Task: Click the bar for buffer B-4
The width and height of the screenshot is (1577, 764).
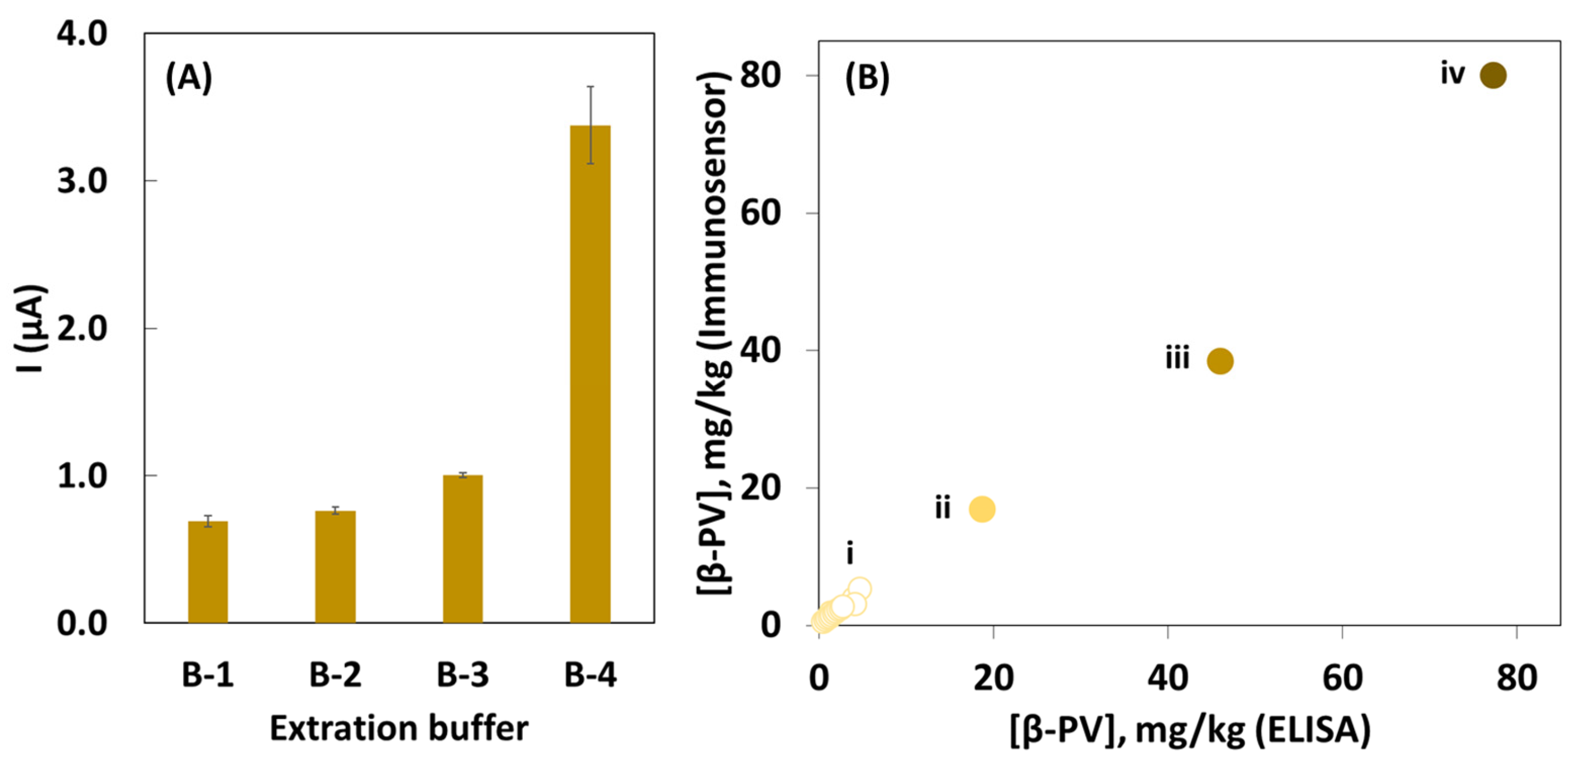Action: point(589,373)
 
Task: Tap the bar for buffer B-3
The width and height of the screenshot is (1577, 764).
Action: point(462,549)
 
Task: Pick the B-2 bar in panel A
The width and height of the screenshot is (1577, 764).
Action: point(335,566)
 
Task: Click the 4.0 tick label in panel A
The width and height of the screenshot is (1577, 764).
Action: point(82,33)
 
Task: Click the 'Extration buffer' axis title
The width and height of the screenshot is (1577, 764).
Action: point(399,729)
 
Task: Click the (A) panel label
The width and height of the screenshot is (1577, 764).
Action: point(189,78)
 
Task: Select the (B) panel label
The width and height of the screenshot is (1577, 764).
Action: point(866,78)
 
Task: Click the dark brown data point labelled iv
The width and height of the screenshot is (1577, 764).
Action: point(1493,75)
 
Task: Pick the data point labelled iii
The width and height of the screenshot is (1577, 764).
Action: point(1220,361)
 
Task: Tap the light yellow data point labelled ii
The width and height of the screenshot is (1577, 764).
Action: point(982,509)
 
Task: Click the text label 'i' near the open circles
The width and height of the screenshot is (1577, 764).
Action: point(849,553)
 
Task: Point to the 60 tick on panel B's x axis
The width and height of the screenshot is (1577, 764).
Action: point(1342,678)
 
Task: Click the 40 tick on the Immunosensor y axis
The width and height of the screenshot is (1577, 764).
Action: point(761,351)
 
